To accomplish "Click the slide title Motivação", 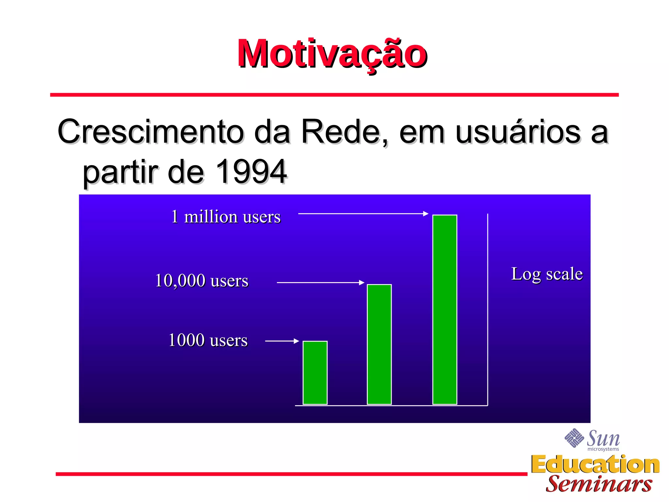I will [x=332, y=54].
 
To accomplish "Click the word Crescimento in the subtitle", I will [x=150, y=132].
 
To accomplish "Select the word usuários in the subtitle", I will [x=518, y=132].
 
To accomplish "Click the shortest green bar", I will [x=315, y=373].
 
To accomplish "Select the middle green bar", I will [x=379, y=344].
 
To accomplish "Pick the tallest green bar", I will [x=445, y=310].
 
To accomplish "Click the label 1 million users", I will [x=226, y=217].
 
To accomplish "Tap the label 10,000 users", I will [x=202, y=280].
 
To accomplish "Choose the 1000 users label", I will [x=208, y=340].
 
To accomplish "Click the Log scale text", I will [x=547, y=274].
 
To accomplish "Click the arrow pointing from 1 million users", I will [x=363, y=214].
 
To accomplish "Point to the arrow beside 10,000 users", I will [x=320, y=282].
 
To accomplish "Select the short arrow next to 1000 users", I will [x=282, y=341].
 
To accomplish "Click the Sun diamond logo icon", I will [x=574, y=438].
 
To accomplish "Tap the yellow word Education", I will [x=595, y=464].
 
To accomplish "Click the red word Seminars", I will [x=599, y=484].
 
